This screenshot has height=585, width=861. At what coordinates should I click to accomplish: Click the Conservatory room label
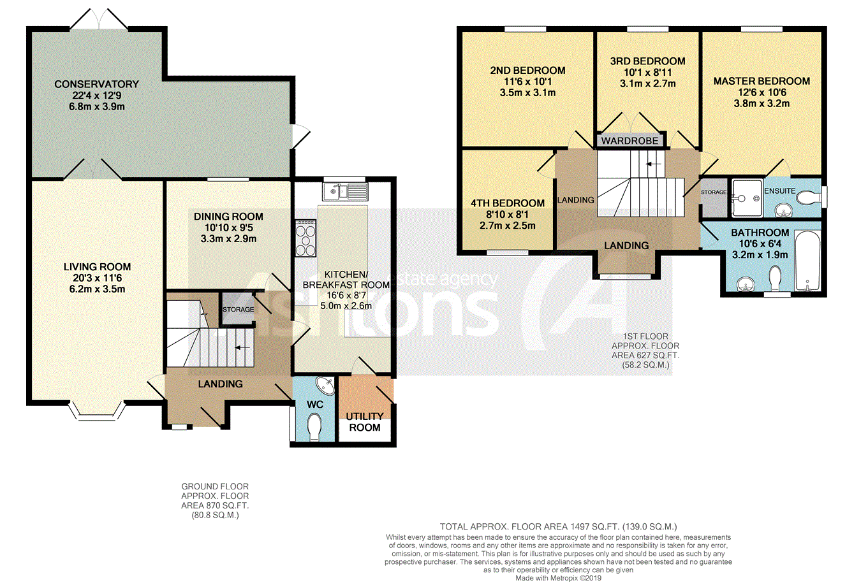96,84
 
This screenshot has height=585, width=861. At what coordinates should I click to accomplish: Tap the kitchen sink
345,192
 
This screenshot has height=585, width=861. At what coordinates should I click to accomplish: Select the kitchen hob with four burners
305,238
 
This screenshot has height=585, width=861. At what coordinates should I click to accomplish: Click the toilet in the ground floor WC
314,427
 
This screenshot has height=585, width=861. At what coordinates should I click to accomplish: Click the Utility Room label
364,422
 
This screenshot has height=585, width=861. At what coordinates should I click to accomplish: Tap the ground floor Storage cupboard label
238,309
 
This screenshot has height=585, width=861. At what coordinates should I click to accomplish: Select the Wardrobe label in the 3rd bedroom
629,141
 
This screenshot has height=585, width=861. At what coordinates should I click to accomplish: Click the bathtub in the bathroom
807,261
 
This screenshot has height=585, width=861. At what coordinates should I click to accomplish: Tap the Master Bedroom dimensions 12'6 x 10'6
762,92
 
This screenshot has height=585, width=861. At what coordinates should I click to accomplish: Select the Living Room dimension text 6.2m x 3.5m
97,289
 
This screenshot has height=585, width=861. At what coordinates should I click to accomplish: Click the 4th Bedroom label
508,203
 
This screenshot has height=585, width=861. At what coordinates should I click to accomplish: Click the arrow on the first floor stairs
653,164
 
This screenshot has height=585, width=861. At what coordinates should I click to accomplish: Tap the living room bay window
97,412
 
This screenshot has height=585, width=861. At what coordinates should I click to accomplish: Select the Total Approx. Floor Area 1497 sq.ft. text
558,526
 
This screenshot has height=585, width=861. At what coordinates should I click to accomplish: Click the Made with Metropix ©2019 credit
558,578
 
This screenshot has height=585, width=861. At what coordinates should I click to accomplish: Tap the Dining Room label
228,217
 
